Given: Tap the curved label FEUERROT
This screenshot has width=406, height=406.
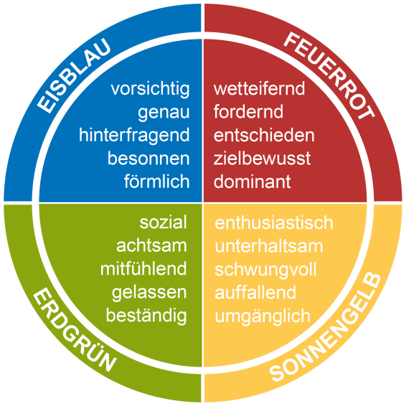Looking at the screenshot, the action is (x=329, y=75).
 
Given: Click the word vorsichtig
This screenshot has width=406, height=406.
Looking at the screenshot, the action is (x=150, y=90).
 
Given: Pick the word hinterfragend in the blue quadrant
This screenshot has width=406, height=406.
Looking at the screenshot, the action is (x=134, y=136).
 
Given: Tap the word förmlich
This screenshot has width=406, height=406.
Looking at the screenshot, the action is (x=156, y=181).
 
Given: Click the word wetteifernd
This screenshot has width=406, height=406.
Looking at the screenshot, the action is (x=259, y=88).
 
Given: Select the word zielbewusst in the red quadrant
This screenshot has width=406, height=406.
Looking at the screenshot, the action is (x=262, y=159).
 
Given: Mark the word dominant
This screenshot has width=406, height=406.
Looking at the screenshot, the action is (x=252, y=181).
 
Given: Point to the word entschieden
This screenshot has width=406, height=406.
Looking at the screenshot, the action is (x=264, y=135).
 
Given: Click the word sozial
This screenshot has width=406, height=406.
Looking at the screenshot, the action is (x=163, y=222).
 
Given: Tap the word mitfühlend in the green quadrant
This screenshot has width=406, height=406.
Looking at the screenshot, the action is (x=143, y=269).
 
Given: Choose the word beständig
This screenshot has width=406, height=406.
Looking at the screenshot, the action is (x=146, y=316).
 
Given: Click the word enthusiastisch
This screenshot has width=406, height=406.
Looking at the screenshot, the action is (x=274, y=222).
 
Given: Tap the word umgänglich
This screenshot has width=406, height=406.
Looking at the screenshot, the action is (x=263, y=316).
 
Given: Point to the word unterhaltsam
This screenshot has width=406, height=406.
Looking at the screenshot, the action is (x=269, y=246).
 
